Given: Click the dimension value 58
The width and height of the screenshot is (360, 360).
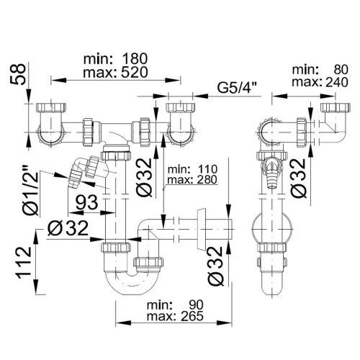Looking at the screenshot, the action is click(x=17, y=74).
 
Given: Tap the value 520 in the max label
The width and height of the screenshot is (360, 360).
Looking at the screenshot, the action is click(x=135, y=73).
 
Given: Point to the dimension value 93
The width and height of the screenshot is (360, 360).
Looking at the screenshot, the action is click(x=87, y=202).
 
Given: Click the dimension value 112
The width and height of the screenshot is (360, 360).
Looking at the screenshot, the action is click(x=24, y=264).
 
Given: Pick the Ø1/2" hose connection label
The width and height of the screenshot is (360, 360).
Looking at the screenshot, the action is click(x=30, y=190).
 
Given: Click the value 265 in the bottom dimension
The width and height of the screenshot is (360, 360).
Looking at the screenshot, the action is click(x=192, y=316).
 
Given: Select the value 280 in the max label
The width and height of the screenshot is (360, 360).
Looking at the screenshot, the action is click(x=207, y=179).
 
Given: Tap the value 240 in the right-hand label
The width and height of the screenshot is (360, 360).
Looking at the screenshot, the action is click(x=336, y=82).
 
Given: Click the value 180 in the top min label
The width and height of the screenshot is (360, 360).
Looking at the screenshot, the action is click(x=135, y=59).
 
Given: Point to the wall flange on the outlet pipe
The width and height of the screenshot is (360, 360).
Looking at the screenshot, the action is click(x=202, y=230).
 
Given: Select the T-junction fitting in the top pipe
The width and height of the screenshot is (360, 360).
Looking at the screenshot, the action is click(x=116, y=133).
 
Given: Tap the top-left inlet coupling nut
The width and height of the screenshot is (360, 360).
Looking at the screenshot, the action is click(x=51, y=107).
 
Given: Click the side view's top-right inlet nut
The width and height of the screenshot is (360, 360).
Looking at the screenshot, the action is click(x=336, y=107).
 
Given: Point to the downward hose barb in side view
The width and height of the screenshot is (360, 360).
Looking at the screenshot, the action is click(x=271, y=177).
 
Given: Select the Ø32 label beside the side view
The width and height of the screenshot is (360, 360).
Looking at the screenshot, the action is click(x=299, y=178).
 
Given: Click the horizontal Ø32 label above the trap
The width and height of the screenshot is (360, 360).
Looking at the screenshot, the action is click(x=68, y=228).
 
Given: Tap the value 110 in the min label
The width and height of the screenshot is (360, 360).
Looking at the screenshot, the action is click(x=207, y=169).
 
